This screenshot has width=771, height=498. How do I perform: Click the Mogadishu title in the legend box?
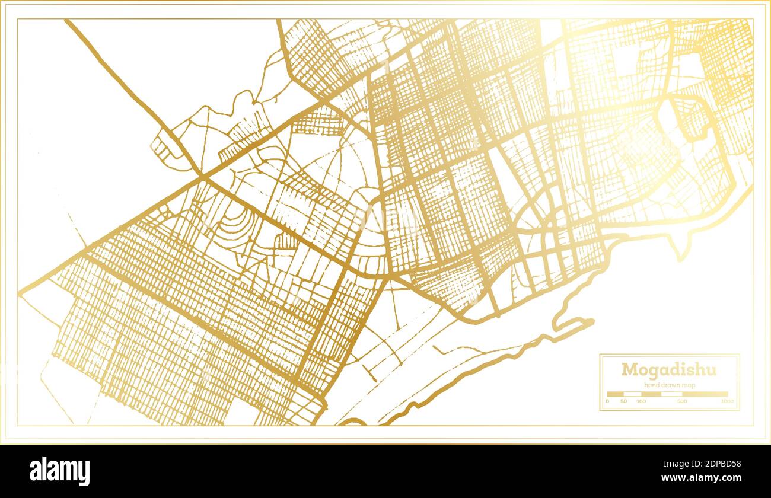[668, 370]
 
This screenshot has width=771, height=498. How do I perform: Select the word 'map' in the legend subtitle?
[688, 385]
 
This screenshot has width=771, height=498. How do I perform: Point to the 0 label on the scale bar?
[607, 401]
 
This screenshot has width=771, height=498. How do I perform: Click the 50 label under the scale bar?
[623, 401]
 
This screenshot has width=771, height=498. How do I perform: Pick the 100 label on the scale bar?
[641, 401]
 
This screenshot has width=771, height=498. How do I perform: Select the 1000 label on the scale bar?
[727, 401]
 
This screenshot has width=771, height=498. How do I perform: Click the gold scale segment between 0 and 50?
[615, 394]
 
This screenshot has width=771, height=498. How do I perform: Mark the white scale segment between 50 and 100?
[632, 394]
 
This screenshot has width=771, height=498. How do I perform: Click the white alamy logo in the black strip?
[59, 471]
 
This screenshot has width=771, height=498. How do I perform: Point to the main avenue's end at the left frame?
[21, 292]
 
